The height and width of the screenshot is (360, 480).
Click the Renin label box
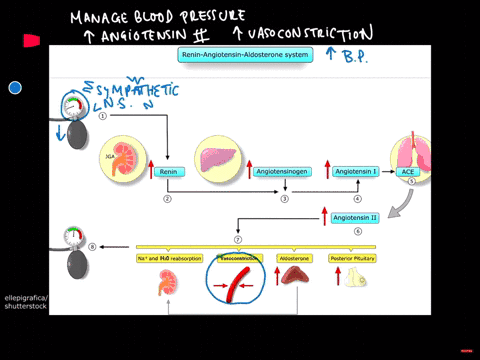168,172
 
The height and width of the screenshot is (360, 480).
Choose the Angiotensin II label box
354,217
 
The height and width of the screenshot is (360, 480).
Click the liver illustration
216,160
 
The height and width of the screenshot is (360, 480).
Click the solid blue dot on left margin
15,88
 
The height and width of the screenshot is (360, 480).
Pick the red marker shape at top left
31,41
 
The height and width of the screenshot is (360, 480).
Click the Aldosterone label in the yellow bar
293,257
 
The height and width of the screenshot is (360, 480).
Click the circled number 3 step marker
284,199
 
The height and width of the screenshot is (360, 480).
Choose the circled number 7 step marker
237,241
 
